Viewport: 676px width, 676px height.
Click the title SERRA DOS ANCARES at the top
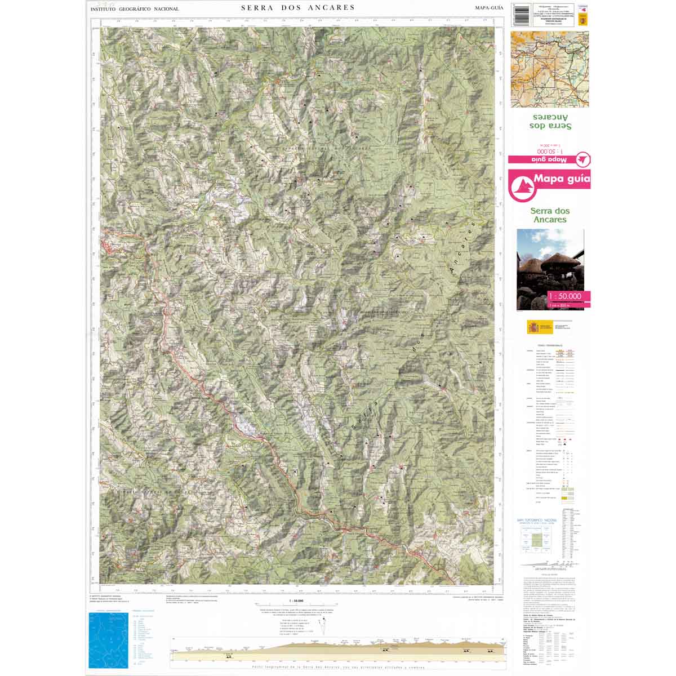point(297,8)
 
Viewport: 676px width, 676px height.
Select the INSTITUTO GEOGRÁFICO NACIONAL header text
point(135,9)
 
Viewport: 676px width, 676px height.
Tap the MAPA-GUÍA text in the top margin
point(487,8)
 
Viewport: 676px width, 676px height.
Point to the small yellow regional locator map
point(549,69)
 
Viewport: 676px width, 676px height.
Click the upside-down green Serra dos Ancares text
point(550,122)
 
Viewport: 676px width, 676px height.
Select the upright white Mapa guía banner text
point(561,181)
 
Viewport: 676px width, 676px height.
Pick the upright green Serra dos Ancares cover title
point(549,215)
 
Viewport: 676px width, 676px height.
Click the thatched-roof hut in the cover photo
point(555,265)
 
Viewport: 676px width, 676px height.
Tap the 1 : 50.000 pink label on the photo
point(568,296)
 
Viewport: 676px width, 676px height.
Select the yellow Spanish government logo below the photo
point(533,327)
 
